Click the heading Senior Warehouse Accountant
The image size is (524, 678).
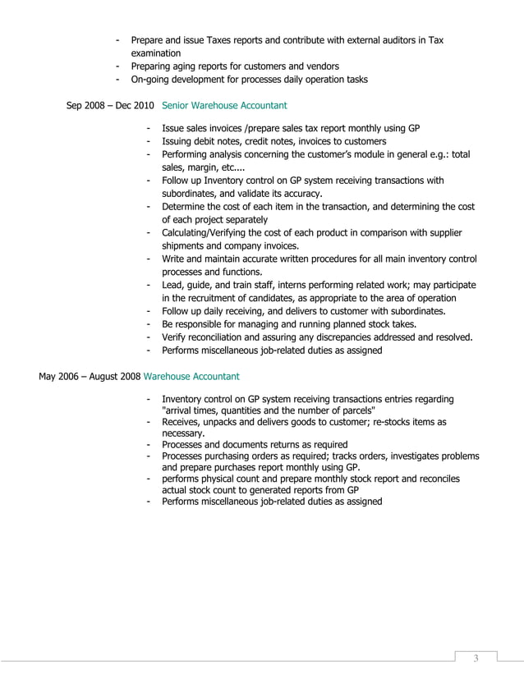[224, 106]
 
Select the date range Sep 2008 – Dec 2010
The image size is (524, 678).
[109, 106]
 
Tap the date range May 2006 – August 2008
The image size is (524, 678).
[89, 377]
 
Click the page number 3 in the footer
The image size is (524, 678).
[475, 661]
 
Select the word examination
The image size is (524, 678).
[156, 53]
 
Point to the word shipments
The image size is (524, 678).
[186, 246]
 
